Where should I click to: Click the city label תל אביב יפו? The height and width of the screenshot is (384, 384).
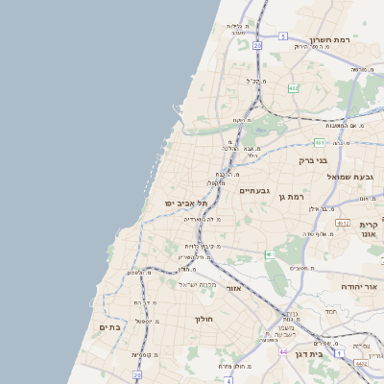tap(175, 203)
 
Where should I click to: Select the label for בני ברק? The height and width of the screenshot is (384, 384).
tap(314, 160)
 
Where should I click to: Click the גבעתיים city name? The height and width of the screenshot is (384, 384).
tap(252, 190)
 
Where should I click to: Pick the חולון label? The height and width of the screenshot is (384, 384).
tap(204, 318)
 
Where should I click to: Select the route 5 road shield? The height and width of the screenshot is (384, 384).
tap(282, 36)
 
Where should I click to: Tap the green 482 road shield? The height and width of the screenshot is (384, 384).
tap(294, 88)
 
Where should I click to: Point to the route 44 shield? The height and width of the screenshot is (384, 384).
tap(283, 351)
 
